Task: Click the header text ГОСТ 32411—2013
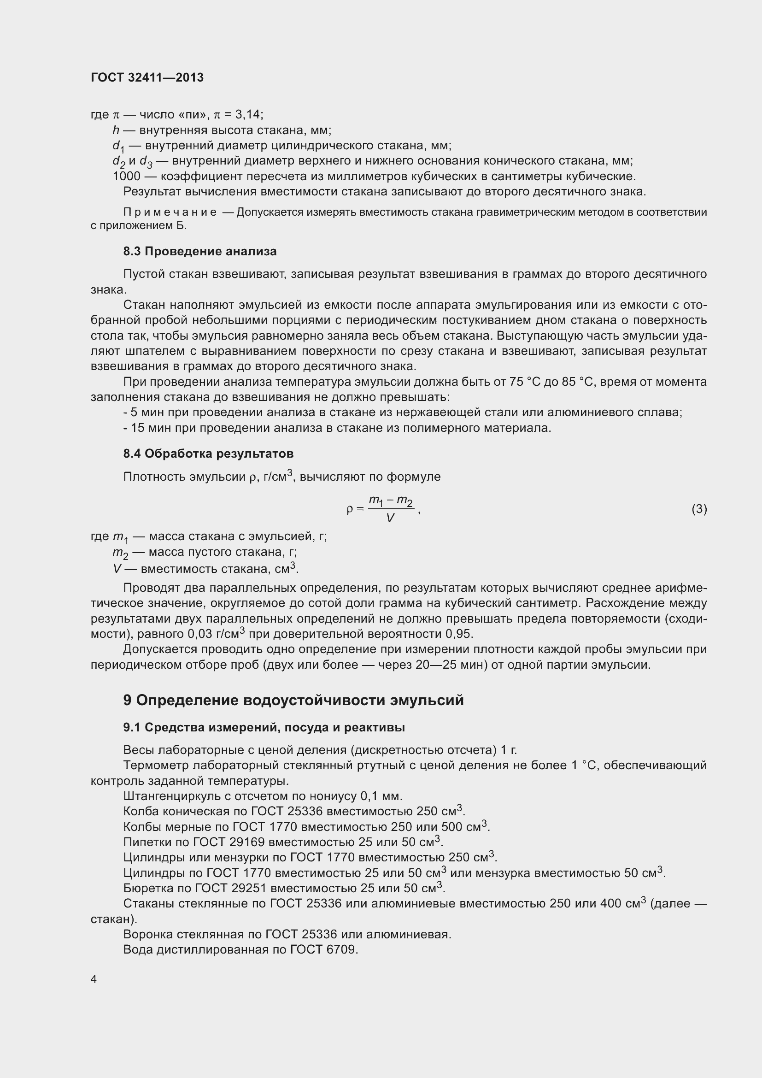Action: point(147,77)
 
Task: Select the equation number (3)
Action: point(699,509)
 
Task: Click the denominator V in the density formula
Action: point(390,518)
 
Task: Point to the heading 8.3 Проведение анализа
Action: point(200,252)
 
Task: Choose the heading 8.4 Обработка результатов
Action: point(208,454)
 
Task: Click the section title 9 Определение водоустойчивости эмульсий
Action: point(293,700)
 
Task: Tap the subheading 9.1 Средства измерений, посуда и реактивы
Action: point(264,727)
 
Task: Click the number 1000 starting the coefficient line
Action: point(126,177)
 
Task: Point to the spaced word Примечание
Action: point(170,212)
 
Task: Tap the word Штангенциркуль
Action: point(170,796)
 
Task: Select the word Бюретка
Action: point(145,888)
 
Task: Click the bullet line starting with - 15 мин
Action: point(336,428)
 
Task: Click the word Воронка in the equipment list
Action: point(146,934)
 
